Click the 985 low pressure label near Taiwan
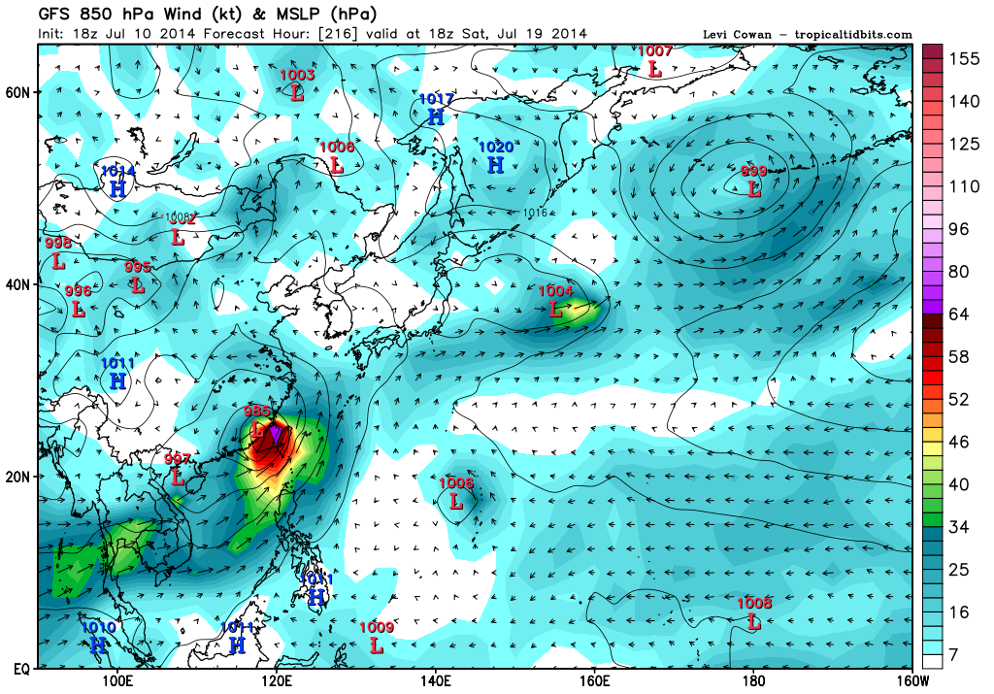257,411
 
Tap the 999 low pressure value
754,172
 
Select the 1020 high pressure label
495,148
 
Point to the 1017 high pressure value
437,99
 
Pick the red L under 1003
297,92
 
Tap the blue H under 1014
118,188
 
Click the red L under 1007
654,69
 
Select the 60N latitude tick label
18,92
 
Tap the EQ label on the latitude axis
19,669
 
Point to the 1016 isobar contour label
535,213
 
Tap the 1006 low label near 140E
456,482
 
